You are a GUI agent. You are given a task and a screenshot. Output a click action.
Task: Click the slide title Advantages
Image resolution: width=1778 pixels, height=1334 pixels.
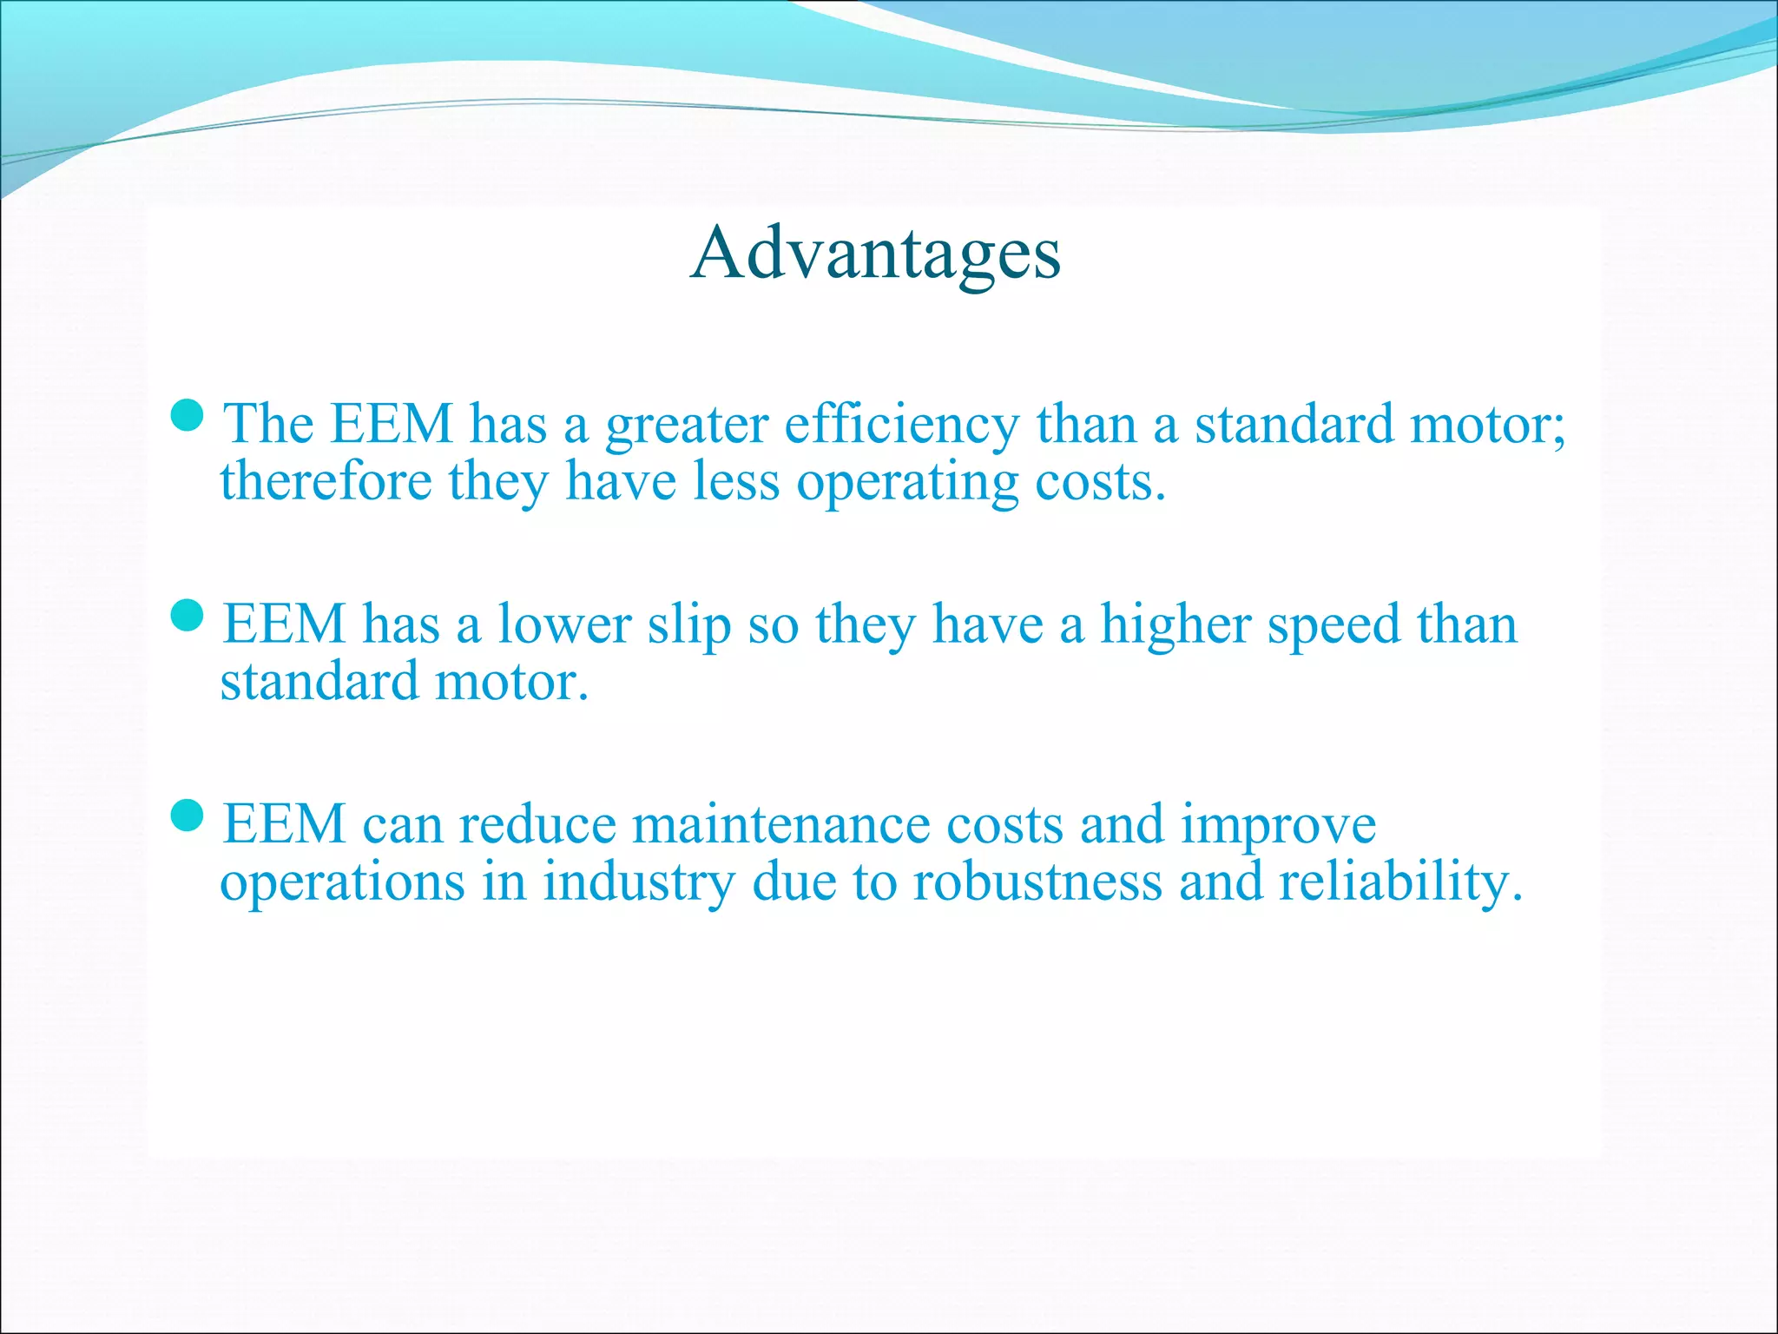875,254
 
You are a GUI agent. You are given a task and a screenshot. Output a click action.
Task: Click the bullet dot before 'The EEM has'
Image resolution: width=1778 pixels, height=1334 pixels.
188,416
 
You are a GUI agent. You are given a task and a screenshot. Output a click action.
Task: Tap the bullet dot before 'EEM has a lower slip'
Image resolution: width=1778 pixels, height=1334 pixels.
188,616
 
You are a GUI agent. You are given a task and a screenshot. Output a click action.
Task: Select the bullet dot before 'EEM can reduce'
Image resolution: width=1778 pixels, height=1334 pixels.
188,816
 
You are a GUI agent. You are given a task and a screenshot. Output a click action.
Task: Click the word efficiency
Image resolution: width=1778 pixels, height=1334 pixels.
902,427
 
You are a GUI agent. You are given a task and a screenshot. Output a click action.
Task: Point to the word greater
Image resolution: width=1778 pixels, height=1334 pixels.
687,427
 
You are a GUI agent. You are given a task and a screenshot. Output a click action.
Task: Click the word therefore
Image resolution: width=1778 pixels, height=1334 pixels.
326,482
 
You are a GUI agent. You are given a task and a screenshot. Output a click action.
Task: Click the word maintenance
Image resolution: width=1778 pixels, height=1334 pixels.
780,824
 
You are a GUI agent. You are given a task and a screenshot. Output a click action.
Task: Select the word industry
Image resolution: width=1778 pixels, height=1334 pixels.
639,883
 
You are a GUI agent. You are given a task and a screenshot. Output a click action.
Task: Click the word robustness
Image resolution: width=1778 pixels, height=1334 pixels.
1037,882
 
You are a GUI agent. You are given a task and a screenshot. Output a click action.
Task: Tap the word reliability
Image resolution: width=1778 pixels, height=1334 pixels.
1399,883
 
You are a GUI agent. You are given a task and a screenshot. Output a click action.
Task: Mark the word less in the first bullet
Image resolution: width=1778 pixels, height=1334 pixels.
736,482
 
